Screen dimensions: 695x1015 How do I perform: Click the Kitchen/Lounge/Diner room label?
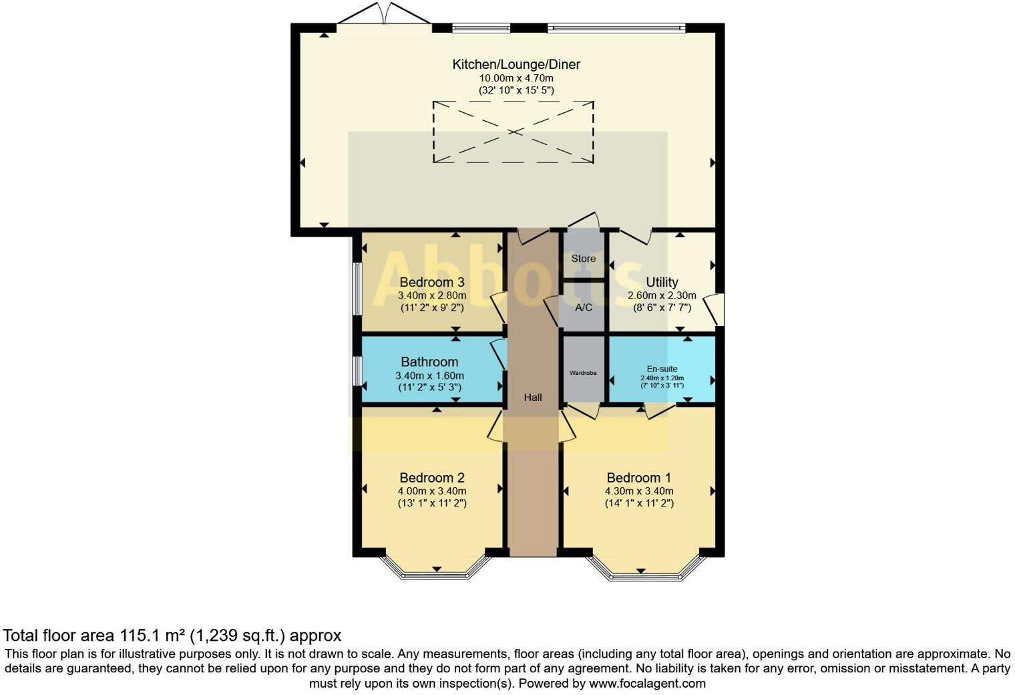[516, 64]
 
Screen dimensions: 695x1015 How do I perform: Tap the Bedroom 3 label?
[431, 282]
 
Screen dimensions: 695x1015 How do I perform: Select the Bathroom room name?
[429, 362]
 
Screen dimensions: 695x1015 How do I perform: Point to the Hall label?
[532, 398]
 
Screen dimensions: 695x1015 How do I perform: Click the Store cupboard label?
[583, 259]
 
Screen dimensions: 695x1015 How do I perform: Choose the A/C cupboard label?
[584, 307]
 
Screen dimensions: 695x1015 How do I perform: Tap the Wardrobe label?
[583, 373]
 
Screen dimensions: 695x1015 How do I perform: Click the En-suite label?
[662, 369]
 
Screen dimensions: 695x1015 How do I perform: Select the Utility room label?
[662, 282]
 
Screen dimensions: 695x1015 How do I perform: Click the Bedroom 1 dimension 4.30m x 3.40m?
[639, 491]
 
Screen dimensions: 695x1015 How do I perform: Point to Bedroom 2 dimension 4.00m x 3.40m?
[432, 491]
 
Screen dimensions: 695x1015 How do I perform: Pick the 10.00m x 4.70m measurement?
[516, 78]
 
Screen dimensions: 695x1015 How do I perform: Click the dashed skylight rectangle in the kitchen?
[513, 132]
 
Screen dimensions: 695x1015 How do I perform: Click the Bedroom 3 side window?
[358, 288]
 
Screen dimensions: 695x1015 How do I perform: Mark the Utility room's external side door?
[716, 309]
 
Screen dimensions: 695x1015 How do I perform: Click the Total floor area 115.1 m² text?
[172, 635]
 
